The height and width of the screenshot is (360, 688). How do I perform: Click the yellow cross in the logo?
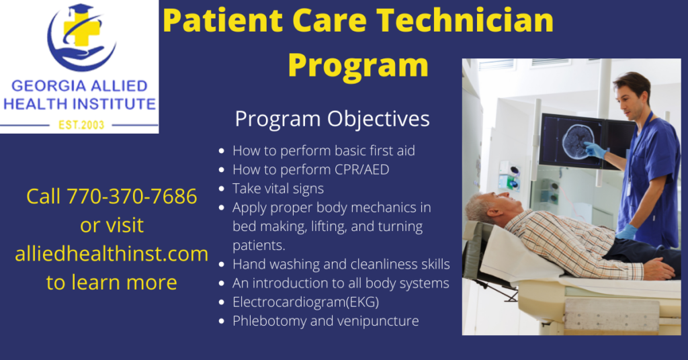pyautogui.click(x=81, y=28)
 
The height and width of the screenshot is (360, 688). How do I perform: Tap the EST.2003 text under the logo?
pyautogui.click(x=81, y=125)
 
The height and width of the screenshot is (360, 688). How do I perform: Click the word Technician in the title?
pyautogui.click(x=465, y=20)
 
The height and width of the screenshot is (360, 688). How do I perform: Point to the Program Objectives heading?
pyautogui.click(x=332, y=119)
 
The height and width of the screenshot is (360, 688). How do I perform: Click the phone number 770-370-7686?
pyautogui.click(x=132, y=196)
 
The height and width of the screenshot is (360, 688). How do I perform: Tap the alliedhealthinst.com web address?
pyautogui.click(x=112, y=254)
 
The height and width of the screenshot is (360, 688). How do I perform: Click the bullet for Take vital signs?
pyautogui.click(x=222, y=189)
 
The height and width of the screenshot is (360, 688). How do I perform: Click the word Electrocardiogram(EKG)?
pyautogui.click(x=306, y=302)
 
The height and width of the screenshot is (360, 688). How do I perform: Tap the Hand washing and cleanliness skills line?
pyautogui.click(x=341, y=265)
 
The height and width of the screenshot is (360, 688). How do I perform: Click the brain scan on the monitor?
pyautogui.click(x=578, y=140)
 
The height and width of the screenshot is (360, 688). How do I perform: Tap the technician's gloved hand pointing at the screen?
pyautogui.click(x=595, y=150)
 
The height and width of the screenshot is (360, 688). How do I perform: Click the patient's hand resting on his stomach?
pyautogui.click(x=660, y=269)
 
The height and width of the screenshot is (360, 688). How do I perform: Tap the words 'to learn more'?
pyautogui.click(x=112, y=282)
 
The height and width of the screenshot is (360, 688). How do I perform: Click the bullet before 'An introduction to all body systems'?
pyautogui.click(x=222, y=283)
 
